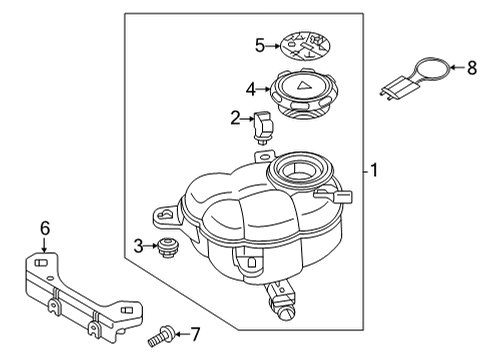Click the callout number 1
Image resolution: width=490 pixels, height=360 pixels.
374,170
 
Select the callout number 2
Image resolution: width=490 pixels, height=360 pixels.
235,118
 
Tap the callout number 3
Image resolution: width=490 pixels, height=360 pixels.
138,246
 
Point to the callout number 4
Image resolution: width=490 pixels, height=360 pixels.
251,89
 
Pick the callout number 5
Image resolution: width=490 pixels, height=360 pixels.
260,45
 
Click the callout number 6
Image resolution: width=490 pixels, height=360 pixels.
45,228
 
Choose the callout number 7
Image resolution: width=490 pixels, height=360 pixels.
195,334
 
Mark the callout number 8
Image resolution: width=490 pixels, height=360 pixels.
472,68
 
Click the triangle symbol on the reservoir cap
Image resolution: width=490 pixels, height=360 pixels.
303,86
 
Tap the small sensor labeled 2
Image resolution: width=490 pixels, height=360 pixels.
264,128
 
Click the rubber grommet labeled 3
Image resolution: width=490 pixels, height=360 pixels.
168,248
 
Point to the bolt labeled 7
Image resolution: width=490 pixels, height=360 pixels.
160,337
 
